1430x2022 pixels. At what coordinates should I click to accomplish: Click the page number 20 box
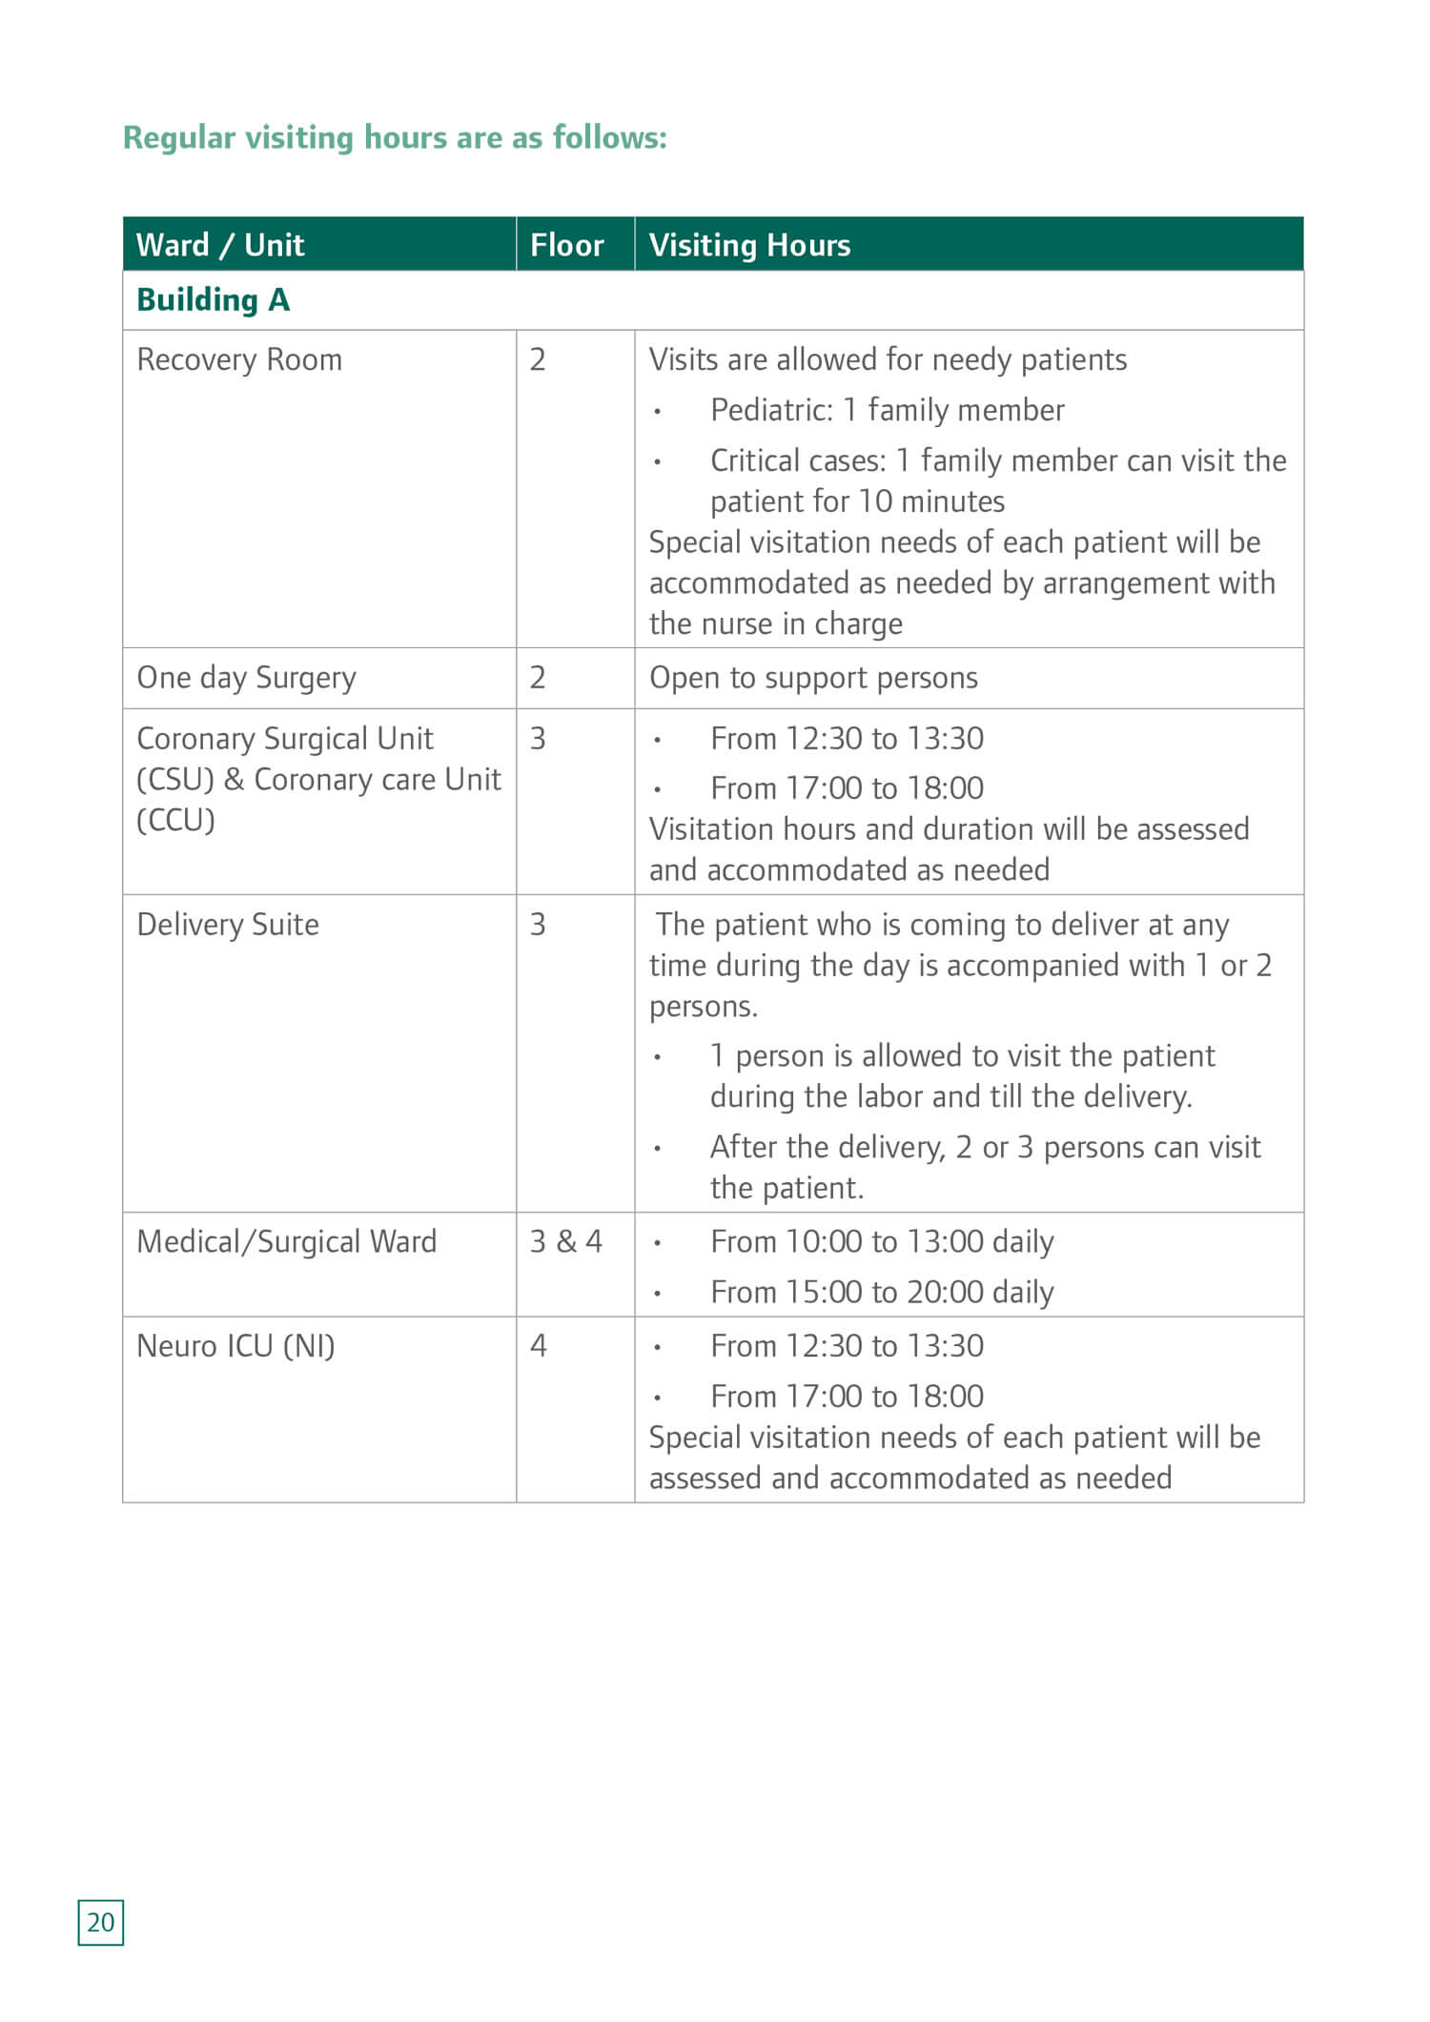100,1922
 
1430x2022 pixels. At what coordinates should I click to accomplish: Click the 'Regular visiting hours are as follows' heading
395,137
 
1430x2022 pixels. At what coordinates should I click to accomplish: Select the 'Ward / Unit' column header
220,245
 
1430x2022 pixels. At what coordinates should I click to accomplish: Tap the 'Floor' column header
566,245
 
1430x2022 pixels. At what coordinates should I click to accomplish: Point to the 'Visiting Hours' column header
749,245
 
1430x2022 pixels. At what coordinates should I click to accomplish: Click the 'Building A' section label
213,299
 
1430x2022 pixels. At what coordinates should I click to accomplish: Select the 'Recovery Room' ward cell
239,359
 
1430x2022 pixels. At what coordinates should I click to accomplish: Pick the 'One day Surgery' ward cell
246,678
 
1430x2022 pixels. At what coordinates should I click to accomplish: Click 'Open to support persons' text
813,678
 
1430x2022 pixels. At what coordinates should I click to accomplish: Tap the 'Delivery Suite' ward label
228,925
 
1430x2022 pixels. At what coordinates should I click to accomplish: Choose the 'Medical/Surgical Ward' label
286,1241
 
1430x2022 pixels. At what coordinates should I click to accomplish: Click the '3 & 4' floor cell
566,1241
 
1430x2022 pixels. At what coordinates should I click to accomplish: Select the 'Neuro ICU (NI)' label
235,1346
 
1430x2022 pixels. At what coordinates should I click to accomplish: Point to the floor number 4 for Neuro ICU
539,1346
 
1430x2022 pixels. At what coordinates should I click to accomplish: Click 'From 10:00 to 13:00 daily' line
882,1241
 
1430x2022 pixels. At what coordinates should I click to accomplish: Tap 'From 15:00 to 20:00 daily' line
882,1293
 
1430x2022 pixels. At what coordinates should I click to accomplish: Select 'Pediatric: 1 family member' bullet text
887,410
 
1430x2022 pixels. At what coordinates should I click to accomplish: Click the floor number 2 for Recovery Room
538,359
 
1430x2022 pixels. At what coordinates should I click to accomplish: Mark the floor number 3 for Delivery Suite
538,925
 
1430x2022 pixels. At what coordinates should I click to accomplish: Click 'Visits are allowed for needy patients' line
888,359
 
